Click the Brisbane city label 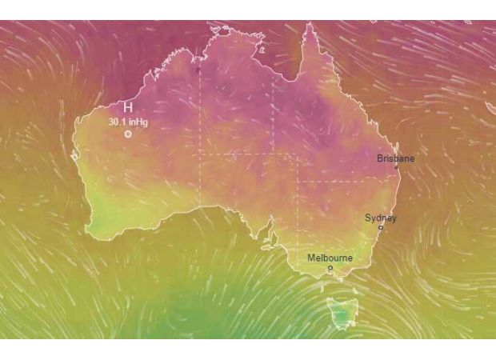coord(396,158)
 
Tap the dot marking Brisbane coord(396,167)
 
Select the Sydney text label coord(380,218)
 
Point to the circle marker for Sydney coord(381,227)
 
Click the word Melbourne coord(330,258)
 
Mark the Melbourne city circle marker coord(330,268)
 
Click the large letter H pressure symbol coord(127,108)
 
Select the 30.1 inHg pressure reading coord(127,122)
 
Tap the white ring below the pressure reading coord(127,134)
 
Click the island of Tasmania coord(342,313)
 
